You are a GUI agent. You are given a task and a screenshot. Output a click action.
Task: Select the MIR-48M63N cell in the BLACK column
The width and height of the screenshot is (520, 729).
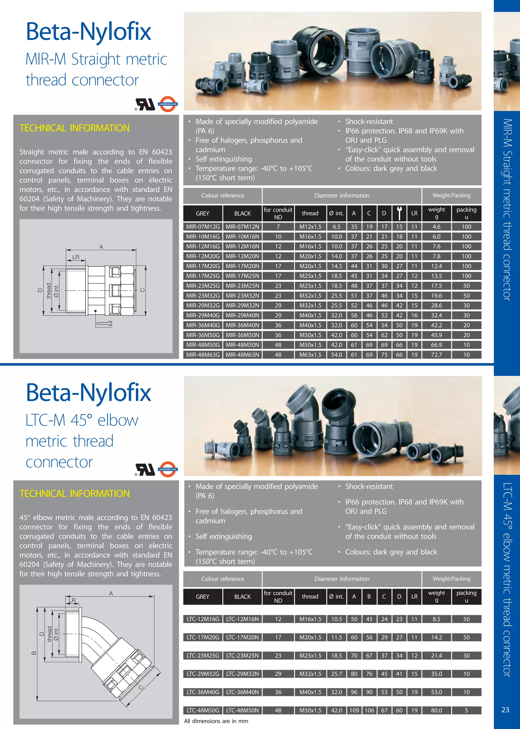(x=242, y=354)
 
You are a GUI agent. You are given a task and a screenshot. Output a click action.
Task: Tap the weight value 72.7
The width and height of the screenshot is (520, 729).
(x=436, y=354)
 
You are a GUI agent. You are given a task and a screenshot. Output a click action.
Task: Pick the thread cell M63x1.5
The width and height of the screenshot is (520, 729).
(x=310, y=354)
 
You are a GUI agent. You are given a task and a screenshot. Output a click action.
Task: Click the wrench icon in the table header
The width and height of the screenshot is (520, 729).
(x=399, y=213)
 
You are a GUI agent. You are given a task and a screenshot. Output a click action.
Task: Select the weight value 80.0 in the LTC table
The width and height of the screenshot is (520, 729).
(x=436, y=710)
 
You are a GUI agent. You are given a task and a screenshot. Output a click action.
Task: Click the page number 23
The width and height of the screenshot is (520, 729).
(x=505, y=710)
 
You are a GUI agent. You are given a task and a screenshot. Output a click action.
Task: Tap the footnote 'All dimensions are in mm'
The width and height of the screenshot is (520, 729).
(x=216, y=721)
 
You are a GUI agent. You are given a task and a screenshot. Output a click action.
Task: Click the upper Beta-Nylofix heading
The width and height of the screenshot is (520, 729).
(x=88, y=31)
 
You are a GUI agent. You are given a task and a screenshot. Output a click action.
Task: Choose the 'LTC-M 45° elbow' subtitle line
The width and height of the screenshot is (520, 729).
(x=82, y=420)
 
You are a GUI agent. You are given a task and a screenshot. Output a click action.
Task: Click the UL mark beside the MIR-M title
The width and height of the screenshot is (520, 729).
(x=146, y=104)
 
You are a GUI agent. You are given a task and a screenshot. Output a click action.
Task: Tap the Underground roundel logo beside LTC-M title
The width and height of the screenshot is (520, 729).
(x=168, y=469)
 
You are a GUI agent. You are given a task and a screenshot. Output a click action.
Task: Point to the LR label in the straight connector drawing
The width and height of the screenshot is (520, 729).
(x=76, y=257)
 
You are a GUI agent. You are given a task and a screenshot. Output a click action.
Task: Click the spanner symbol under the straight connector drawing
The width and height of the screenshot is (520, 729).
(x=104, y=324)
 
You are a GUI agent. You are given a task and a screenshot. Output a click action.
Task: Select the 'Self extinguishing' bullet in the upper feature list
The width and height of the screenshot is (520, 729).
(x=223, y=159)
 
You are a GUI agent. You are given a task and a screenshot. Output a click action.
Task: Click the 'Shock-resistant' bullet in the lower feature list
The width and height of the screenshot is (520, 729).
(x=369, y=486)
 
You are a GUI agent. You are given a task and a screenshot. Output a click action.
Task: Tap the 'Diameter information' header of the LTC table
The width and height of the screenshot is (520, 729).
(x=342, y=579)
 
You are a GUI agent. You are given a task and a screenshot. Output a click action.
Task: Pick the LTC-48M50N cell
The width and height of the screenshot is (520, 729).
(x=242, y=710)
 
